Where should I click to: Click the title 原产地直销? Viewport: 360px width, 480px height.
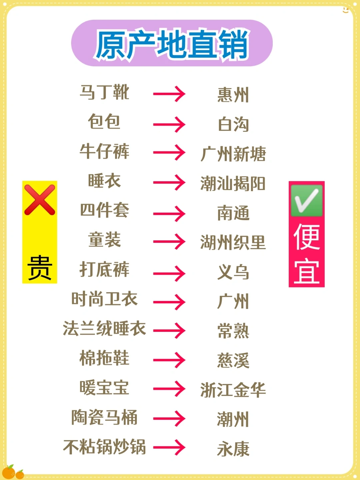tap(172, 44)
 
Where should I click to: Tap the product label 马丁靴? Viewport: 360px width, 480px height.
tap(104, 92)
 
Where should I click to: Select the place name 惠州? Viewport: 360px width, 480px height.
tap(233, 95)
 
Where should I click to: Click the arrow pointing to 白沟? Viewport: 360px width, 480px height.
tap(169, 124)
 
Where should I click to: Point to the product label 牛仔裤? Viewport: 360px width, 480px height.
tap(104, 151)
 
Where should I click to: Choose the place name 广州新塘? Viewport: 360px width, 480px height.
tap(233, 154)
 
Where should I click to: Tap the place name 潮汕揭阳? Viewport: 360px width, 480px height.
tap(233, 184)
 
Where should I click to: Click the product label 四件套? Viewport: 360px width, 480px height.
tap(104, 210)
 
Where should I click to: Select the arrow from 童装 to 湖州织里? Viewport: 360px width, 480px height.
tap(169, 242)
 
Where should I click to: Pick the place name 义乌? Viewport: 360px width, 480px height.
tap(233, 272)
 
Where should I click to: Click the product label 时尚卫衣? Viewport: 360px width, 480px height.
tap(104, 299)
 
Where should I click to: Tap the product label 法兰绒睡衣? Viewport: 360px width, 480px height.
tap(104, 329)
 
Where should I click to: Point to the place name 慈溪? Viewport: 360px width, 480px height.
tap(233, 361)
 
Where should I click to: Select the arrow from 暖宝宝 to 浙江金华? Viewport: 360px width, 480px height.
tap(169, 389)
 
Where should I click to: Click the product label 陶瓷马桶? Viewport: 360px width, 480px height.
tap(104, 418)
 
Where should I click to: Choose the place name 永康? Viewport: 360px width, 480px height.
tap(233, 449)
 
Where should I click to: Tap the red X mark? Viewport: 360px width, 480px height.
tap(40, 200)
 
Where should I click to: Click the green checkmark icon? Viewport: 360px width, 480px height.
tap(307, 200)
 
